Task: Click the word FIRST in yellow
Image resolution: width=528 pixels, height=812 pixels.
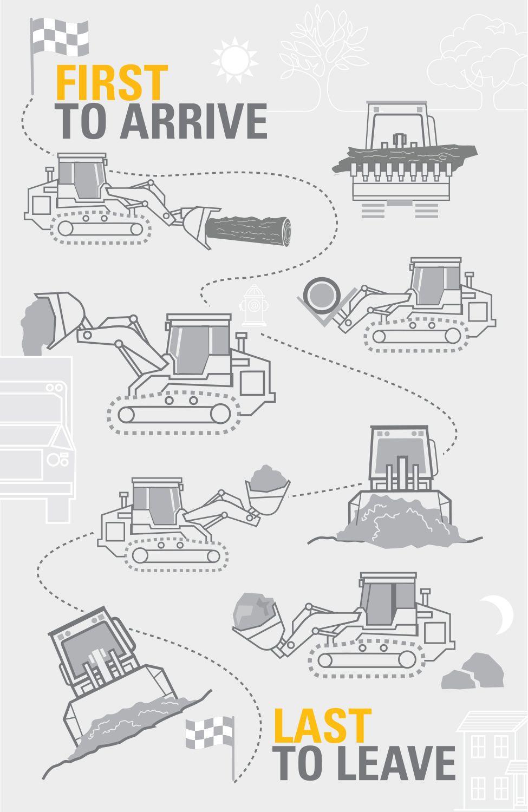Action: click(x=112, y=83)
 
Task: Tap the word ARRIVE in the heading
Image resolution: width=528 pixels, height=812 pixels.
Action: click(x=193, y=121)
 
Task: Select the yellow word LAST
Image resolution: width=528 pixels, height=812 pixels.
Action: click(x=322, y=725)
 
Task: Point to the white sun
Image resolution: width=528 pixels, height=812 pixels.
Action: click(x=234, y=60)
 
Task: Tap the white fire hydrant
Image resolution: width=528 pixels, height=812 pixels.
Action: click(x=254, y=305)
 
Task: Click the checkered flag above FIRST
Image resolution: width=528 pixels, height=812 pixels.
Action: click(x=60, y=37)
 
